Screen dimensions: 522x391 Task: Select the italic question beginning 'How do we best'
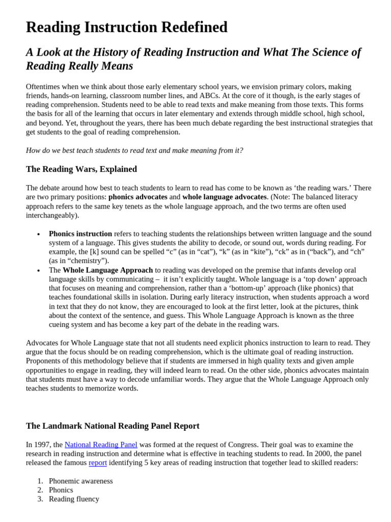pos(134,150)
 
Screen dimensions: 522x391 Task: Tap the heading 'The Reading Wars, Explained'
pos(81,169)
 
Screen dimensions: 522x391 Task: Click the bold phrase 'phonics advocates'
pos(137,197)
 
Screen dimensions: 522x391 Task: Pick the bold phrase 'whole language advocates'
pos(225,197)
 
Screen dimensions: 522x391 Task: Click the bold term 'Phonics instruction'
pos(80,233)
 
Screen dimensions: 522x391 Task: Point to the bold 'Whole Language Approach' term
pos(107,270)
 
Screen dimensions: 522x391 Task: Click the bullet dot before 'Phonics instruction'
pos(39,234)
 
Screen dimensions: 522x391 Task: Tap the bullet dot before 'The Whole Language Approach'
pos(39,271)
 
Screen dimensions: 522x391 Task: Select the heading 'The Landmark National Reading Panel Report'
pos(113,426)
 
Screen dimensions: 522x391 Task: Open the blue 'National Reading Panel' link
pos(101,445)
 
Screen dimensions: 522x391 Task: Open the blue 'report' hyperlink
pos(97,463)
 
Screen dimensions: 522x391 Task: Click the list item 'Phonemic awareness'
pos(80,481)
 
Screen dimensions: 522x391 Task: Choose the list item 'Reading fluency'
pos(74,499)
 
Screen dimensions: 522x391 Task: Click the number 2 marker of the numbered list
pos(40,490)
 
